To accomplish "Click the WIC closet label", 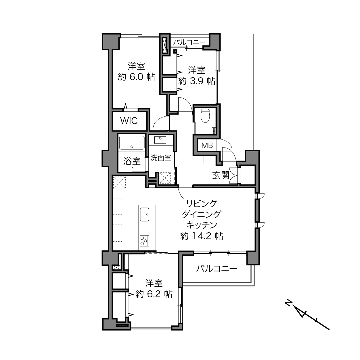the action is click(x=129, y=121).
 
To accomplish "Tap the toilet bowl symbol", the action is click(x=205, y=116).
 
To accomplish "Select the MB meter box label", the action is click(x=207, y=145).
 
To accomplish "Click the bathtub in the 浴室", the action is click(x=132, y=143).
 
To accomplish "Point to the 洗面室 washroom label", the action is click(x=161, y=158).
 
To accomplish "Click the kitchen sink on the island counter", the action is click(x=144, y=214).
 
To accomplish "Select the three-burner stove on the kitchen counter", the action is click(x=144, y=241).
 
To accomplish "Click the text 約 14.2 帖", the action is click(x=202, y=236).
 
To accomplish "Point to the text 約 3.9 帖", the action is click(x=196, y=81).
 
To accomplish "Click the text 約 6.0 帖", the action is click(x=136, y=77).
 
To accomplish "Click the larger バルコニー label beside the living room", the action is click(x=217, y=269).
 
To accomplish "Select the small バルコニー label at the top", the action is click(x=189, y=42).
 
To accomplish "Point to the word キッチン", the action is click(x=202, y=225).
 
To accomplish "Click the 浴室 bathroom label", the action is click(x=132, y=161).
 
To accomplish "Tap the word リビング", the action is click(x=202, y=204).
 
